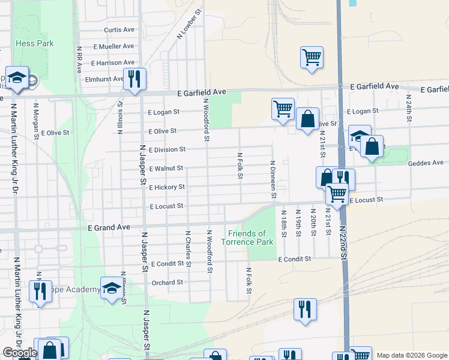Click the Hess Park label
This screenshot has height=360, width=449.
(34, 43)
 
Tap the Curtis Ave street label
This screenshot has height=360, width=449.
(119, 29)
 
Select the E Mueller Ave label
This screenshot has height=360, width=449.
(113, 46)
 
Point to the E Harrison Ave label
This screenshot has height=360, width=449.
(113, 62)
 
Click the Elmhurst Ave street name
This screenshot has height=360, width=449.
(104, 79)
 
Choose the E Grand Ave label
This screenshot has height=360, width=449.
(109, 228)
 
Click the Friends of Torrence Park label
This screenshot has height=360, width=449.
(247, 238)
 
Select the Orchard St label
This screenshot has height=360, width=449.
(167, 282)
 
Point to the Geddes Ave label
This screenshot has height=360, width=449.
(425, 163)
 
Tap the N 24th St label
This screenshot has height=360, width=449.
(409, 108)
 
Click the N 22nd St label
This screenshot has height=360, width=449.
(343, 241)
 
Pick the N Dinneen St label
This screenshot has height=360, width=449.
(273, 179)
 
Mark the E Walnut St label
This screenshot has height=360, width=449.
(166, 169)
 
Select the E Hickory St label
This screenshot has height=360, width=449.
(166, 187)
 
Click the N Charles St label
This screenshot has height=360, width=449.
(188, 245)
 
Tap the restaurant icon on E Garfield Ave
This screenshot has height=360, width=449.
(134, 79)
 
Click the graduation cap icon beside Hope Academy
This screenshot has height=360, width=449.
(110, 289)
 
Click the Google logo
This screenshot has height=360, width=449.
(20, 353)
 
